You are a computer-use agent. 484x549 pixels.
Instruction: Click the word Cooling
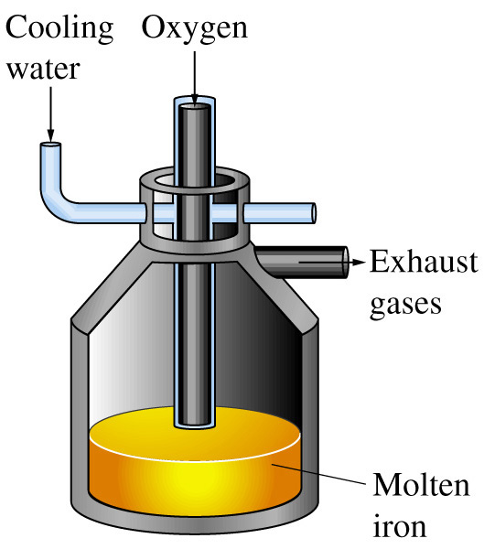tap(59, 28)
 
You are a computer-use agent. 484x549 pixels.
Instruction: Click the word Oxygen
tap(195, 28)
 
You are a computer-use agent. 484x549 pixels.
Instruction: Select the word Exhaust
tap(424, 261)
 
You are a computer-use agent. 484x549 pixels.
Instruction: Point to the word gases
tap(405, 305)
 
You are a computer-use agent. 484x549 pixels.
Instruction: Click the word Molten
tap(421, 485)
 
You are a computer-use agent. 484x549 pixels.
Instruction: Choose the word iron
tap(400, 525)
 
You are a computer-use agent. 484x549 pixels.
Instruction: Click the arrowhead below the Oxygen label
tap(195, 101)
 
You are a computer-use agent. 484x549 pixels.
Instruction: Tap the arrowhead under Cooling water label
tap(51, 135)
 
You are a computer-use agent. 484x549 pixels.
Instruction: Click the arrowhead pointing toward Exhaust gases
tap(358, 262)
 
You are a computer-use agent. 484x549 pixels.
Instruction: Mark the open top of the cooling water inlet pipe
tap(51, 145)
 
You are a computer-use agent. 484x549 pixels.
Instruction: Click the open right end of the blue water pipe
tap(314, 213)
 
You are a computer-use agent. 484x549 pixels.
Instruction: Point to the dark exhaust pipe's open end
tap(346, 263)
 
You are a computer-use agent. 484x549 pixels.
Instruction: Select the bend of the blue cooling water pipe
tap(52, 203)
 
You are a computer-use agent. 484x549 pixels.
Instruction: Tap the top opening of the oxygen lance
tap(195, 102)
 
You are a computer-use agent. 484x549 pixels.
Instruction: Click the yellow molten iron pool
tap(195, 462)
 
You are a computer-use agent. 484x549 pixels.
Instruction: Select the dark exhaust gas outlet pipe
tap(302, 262)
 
